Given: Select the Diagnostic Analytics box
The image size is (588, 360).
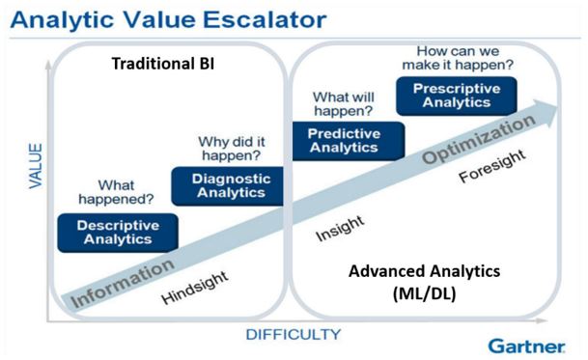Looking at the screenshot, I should coord(228,184).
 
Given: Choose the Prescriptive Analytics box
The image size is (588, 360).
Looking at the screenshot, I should coord(456,97).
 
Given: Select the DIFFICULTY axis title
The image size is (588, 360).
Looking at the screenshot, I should coord(293,335).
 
